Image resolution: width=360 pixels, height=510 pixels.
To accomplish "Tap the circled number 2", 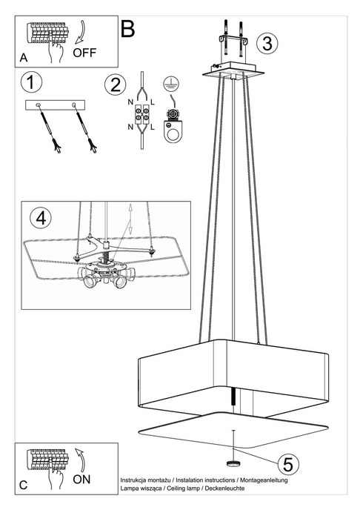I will point(115,84).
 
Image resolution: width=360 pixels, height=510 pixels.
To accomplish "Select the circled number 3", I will point(268,42).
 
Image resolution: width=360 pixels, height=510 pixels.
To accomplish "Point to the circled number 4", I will point(41,219).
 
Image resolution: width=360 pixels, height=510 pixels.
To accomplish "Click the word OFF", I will point(86,53).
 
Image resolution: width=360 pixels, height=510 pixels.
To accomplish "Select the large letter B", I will point(127,29).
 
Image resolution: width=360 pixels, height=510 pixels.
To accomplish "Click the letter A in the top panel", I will point(24,57).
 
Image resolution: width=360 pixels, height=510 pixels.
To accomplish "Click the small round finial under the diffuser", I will point(235,463).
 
